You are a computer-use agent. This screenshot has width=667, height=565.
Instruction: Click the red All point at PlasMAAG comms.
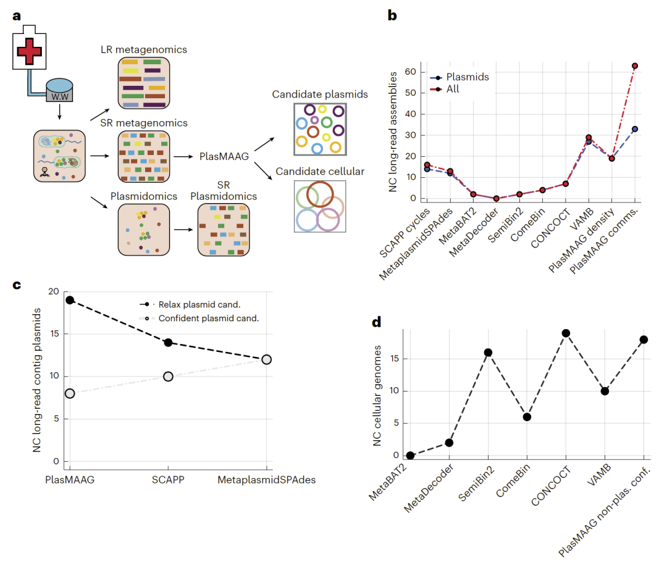[634, 66]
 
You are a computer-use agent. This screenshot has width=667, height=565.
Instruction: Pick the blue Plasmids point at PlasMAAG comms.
[634, 129]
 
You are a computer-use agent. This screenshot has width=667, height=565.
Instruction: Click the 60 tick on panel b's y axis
[408, 72]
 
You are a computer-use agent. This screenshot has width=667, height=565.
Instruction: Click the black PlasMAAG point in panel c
[70, 300]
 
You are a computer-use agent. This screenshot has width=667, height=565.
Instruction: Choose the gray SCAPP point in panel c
[168, 377]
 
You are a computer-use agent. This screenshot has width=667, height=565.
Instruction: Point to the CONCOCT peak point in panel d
[566, 333]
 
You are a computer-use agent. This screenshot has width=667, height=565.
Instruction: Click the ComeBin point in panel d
[527, 417]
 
